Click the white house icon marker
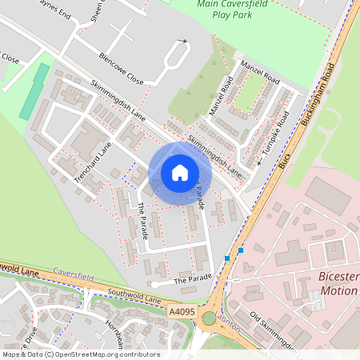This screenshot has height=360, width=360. click(180, 173)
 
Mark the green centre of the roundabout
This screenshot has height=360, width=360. click(209, 318)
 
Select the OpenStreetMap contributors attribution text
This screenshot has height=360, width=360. click(80, 354)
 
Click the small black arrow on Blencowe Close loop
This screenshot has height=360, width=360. click(183, 42)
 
